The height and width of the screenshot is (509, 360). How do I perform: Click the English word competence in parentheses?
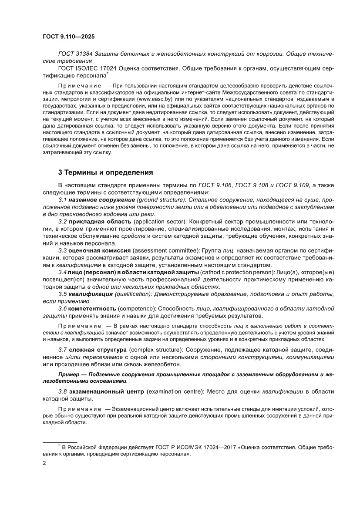click(x=135, y=308)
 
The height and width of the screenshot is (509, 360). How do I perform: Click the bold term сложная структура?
click(x=93, y=350)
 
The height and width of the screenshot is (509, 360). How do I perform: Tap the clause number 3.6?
click(x=63, y=308)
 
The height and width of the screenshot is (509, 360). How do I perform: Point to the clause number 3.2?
click(x=63, y=222)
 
